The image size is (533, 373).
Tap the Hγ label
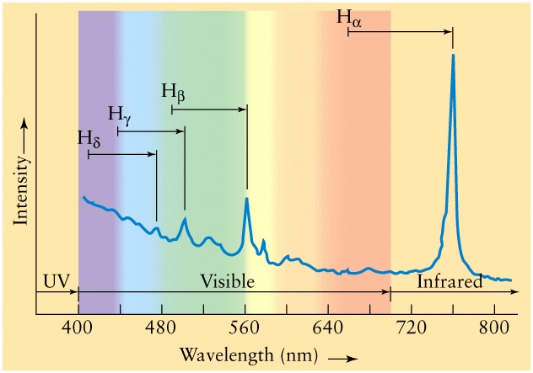(120, 115)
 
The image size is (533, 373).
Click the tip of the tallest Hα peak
(453, 56)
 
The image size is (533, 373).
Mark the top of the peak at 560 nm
(246, 199)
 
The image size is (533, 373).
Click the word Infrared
(450, 281)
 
